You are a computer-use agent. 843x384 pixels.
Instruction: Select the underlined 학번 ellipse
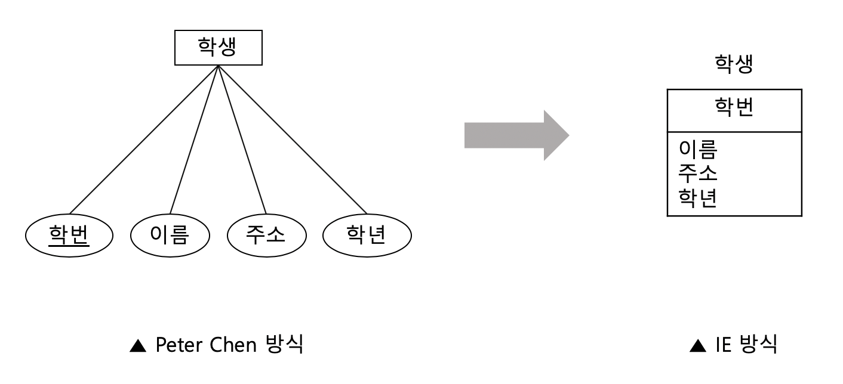(x=69, y=238)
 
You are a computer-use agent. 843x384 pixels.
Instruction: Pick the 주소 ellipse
(x=266, y=238)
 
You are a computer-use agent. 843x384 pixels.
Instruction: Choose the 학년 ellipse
(x=367, y=238)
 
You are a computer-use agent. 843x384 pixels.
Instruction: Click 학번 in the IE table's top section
(x=733, y=110)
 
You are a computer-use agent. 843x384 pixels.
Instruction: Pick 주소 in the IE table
(x=699, y=174)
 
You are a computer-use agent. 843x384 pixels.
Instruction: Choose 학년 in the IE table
(x=699, y=198)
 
